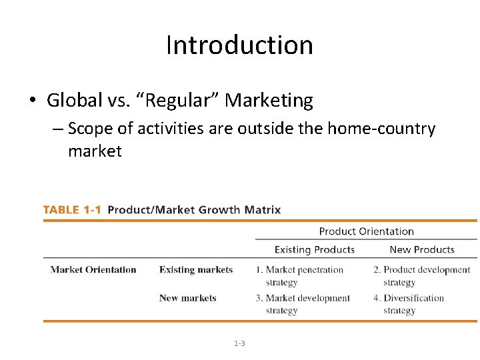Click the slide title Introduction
click(x=239, y=45)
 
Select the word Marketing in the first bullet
click(x=269, y=101)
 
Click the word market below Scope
click(x=95, y=151)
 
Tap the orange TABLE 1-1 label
click(x=72, y=210)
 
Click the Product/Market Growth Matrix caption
click(x=194, y=210)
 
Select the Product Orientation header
click(x=366, y=231)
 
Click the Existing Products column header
click(x=314, y=250)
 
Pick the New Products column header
click(x=421, y=250)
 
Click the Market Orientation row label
click(x=93, y=270)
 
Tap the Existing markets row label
click(x=196, y=270)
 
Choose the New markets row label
click(x=187, y=298)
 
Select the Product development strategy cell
click(x=421, y=275)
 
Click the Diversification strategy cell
click(x=409, y=304)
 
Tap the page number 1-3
click(x=239, y=343)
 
